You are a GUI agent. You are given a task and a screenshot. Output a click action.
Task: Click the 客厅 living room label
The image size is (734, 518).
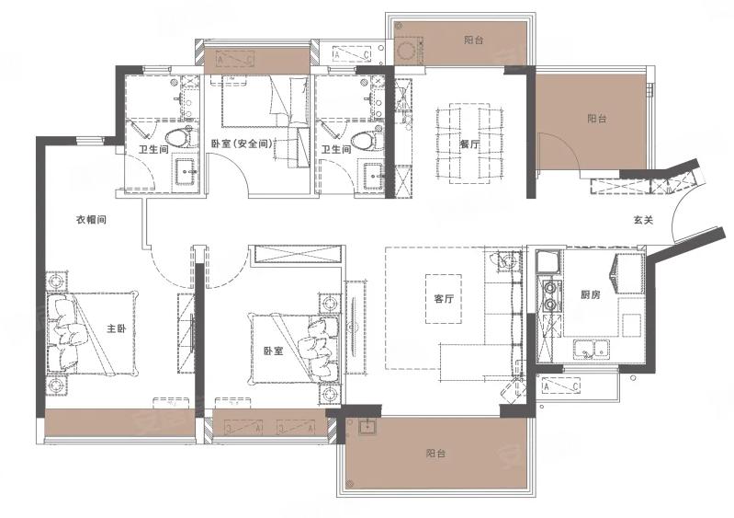click(x=444, y=299)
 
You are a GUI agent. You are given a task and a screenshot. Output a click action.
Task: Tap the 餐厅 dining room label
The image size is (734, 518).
click(x=469, y=144)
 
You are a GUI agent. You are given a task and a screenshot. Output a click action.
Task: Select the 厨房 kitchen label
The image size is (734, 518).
click(x=591, y=294)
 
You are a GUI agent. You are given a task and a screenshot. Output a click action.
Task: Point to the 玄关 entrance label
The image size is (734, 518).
click(x=643, y=219)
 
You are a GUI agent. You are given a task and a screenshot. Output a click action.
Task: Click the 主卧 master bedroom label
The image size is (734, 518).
click(x=117, y=328)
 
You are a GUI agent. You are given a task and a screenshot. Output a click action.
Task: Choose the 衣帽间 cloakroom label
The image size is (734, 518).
click(x=91, y=219)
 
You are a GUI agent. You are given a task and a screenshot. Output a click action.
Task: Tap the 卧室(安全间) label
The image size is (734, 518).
click(x=242, y=144)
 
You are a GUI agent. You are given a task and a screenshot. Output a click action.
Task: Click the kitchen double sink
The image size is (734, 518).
click(x=592, y=350)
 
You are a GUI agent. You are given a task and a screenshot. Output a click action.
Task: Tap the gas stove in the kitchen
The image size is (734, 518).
click(x=551, y=296)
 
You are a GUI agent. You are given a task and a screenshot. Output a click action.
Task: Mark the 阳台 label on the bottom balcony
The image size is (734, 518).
click(x=435, y=454)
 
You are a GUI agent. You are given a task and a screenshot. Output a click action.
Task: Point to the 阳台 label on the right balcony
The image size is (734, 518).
click(x=597, y=119)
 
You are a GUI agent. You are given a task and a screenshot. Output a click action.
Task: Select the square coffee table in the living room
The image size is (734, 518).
click(x=444, y=299)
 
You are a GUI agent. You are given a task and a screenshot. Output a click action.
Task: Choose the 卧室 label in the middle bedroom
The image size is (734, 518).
click(x=274, y=351)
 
